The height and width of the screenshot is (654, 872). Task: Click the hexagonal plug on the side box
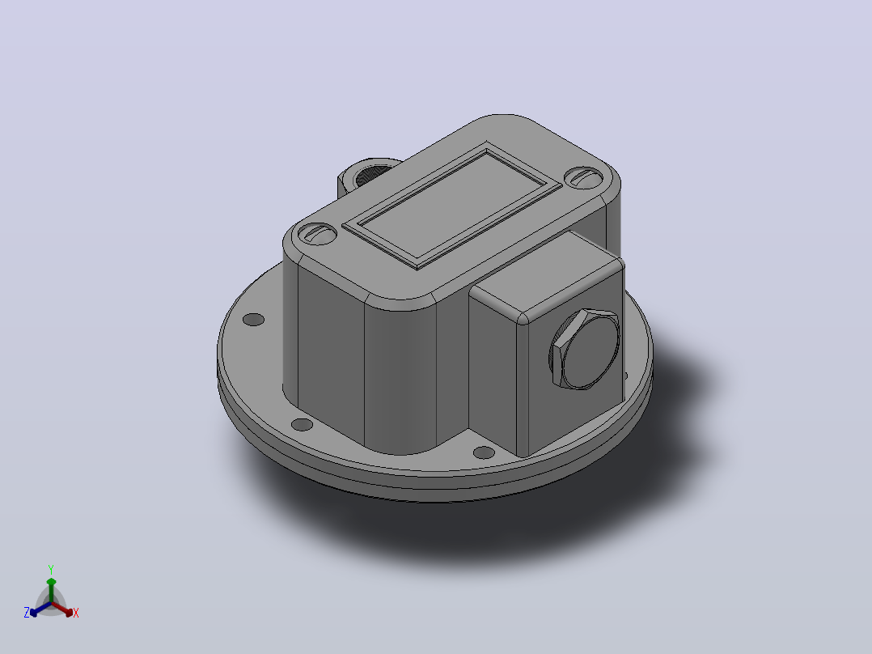click(585, 348)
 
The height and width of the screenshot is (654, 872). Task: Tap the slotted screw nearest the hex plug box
click(584, 178)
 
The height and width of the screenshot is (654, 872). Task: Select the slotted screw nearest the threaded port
click(318, 234)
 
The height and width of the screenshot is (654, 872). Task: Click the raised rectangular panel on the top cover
click(451, 205)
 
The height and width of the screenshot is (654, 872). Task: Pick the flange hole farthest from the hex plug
click(254, 320)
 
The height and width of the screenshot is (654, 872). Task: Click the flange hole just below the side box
click(483, 452)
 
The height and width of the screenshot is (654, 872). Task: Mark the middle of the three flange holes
click(302, 425)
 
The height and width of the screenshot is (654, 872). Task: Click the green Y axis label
click(51, 569)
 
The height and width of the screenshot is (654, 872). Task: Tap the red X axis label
click(76, 613)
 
